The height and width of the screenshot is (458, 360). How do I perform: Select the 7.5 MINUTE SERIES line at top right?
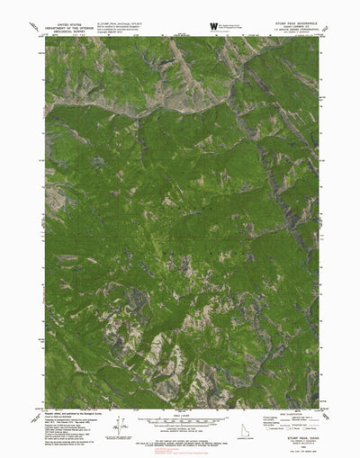(295, 33)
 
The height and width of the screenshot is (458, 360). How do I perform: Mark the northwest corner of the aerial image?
(45, 37)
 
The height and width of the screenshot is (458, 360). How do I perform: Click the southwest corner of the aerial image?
(45, 409)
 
